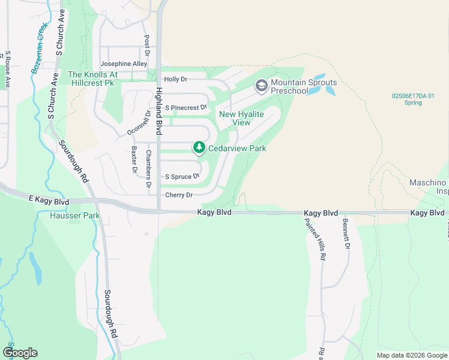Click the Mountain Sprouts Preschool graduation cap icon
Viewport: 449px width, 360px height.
tap(261, 86)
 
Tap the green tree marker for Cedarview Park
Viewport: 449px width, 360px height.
tap(199, 148)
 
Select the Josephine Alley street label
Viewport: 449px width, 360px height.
tap(124, 64)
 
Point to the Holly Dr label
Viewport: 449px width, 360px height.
tap(176, 79)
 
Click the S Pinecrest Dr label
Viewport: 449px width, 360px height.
tap(185, 107)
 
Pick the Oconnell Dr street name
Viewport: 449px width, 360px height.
tap(139, 122)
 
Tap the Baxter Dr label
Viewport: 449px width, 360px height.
tap(134, 160)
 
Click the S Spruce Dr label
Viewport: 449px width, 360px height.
tap(182, 177)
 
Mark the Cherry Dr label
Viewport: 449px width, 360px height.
tap(179, 195)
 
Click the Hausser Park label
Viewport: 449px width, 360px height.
tap(74, 215)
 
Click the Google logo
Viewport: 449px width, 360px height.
tap(20, 353)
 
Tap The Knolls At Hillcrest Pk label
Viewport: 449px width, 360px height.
tap(91, 79)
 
